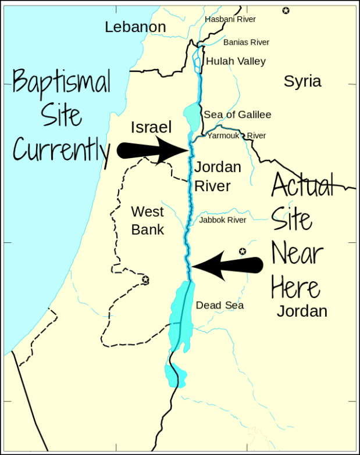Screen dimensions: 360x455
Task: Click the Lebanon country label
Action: tap(136, 27)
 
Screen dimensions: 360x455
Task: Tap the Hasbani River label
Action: tap(230, 19)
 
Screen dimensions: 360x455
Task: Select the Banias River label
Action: tap(246, 42)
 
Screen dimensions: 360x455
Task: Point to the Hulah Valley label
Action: tap(236, 61)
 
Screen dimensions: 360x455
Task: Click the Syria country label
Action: tap(302, 81)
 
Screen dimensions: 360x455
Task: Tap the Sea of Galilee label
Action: tap(237, 114)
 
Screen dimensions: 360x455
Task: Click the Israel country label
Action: tap(151, 127)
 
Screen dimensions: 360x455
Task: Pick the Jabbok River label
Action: tap(223, 220)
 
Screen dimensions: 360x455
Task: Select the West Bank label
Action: tap(147, 220)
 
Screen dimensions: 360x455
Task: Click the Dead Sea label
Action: tap(219, 305)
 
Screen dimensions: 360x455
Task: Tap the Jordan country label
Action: tap(302, 311)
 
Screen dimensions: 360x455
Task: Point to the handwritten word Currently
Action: tap(60, 151)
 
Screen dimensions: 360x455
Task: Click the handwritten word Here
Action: tap(295, 287)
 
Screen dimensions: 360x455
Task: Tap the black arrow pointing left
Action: tap(227, 266)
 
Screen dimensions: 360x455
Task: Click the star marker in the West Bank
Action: tap(145, 280)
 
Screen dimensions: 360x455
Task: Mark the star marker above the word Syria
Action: tap(286, 10)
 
